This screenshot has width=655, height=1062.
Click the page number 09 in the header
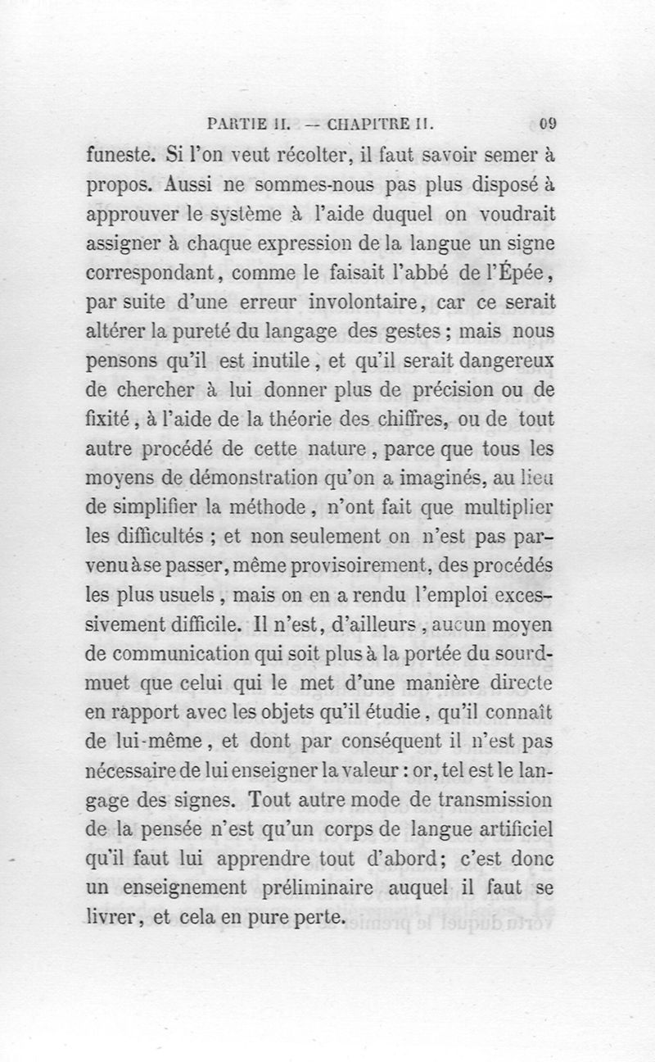(x=549, y=125)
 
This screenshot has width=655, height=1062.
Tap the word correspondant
(x=151, y=273)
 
